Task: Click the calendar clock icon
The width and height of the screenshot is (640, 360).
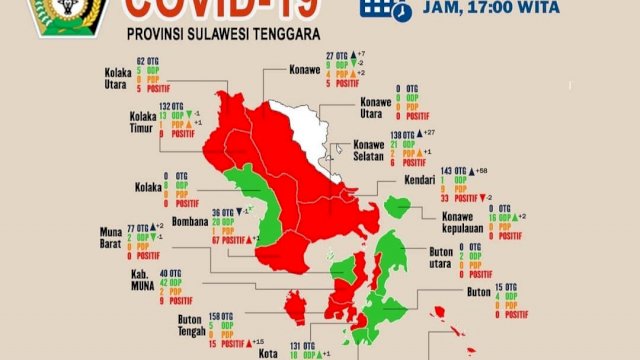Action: pos(387,9)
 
